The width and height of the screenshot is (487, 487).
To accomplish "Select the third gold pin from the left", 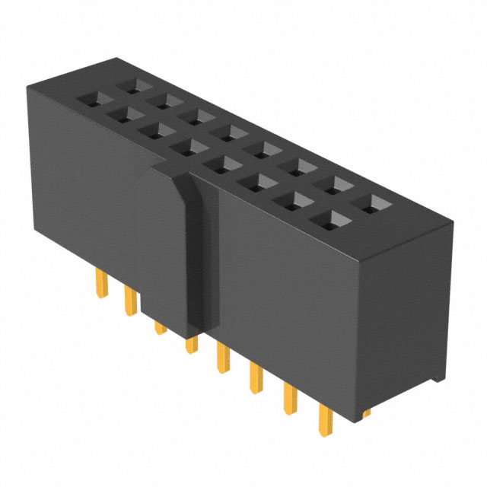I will click(x=160, y=326).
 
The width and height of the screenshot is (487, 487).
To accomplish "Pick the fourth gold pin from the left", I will click(x=189, y=346).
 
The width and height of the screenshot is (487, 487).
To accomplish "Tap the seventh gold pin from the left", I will click(x=289, y=399).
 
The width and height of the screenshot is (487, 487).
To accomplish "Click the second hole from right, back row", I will click(x=333, y=183).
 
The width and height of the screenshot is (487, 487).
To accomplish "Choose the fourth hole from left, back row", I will click(x=225, y=132).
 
